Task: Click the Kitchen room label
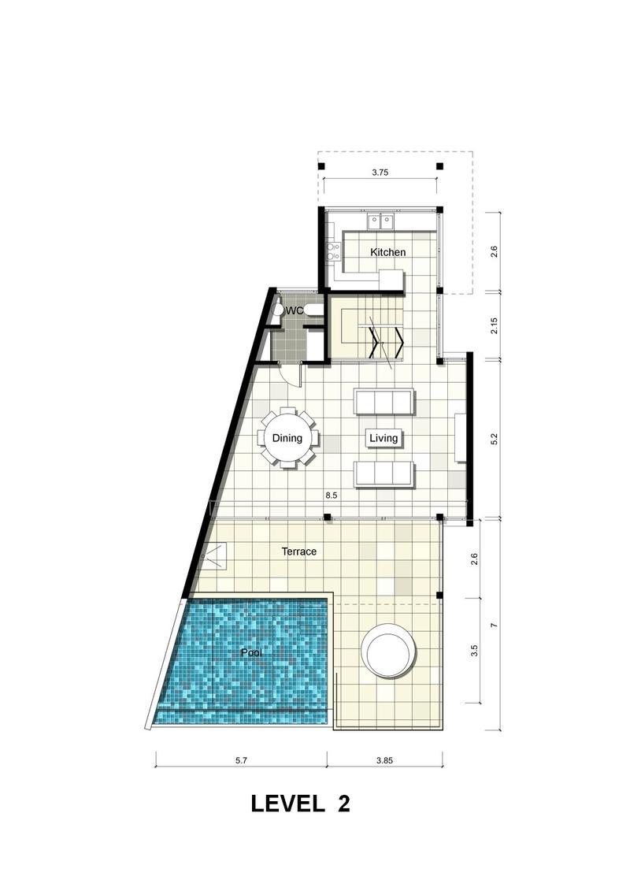click(x=388, y=252)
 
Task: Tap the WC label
click(x=295, y=311)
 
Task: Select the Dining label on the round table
click(x=287, y=438)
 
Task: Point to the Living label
click(x=384, y=438)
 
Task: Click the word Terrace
click(x=299, y=551)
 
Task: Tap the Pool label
click(x=252, y=653)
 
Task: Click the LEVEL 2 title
click(x=301, y=804)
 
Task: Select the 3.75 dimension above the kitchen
click(x=380, y=173)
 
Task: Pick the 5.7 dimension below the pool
click(x=242, y=760)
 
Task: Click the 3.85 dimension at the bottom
click(x=384, y=760)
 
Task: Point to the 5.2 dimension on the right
click(x=494, y=439)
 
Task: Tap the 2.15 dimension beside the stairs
click(x=494, y=326)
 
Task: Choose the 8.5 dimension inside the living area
click(x=332, y=496)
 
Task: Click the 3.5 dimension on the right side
click(x=474, y=650)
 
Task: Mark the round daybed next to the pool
click(x=390, y=650)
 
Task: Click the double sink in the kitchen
click(x=380, y=221)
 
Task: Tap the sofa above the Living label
click(x=384, y=402)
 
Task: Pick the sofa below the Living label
click(x=384, y=474)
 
